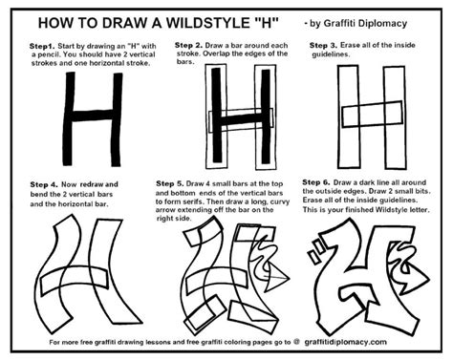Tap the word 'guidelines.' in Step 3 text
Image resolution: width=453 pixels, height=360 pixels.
click(329, 56)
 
